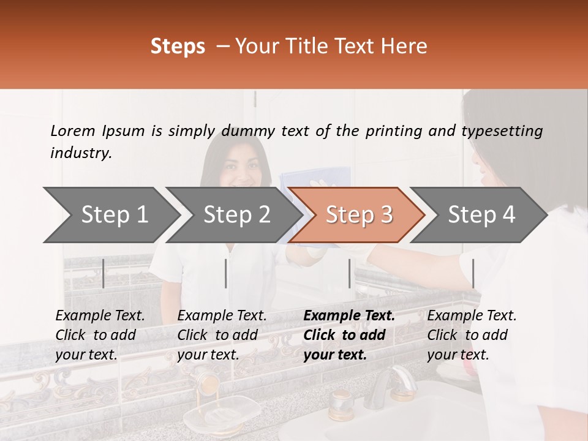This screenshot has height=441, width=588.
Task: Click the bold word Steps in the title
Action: click(x=178, y=47)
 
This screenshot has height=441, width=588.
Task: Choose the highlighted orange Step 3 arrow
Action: click(x=358, y=215)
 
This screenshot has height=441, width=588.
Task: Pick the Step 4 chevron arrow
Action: click(x=481, y=215)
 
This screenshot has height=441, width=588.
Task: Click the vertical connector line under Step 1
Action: click(x=103, y=273)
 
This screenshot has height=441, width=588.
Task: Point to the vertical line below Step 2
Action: click(x=226, y=273)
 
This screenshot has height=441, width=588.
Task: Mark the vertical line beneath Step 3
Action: click(x=349, y=273)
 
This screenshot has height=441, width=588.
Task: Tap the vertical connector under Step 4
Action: click(x=473, y=273)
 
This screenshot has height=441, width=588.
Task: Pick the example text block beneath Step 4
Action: click(x=472, y=334)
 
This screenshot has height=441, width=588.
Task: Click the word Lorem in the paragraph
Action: click(x=73, y=130)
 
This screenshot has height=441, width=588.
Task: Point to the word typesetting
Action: click(x=502, y=131)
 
